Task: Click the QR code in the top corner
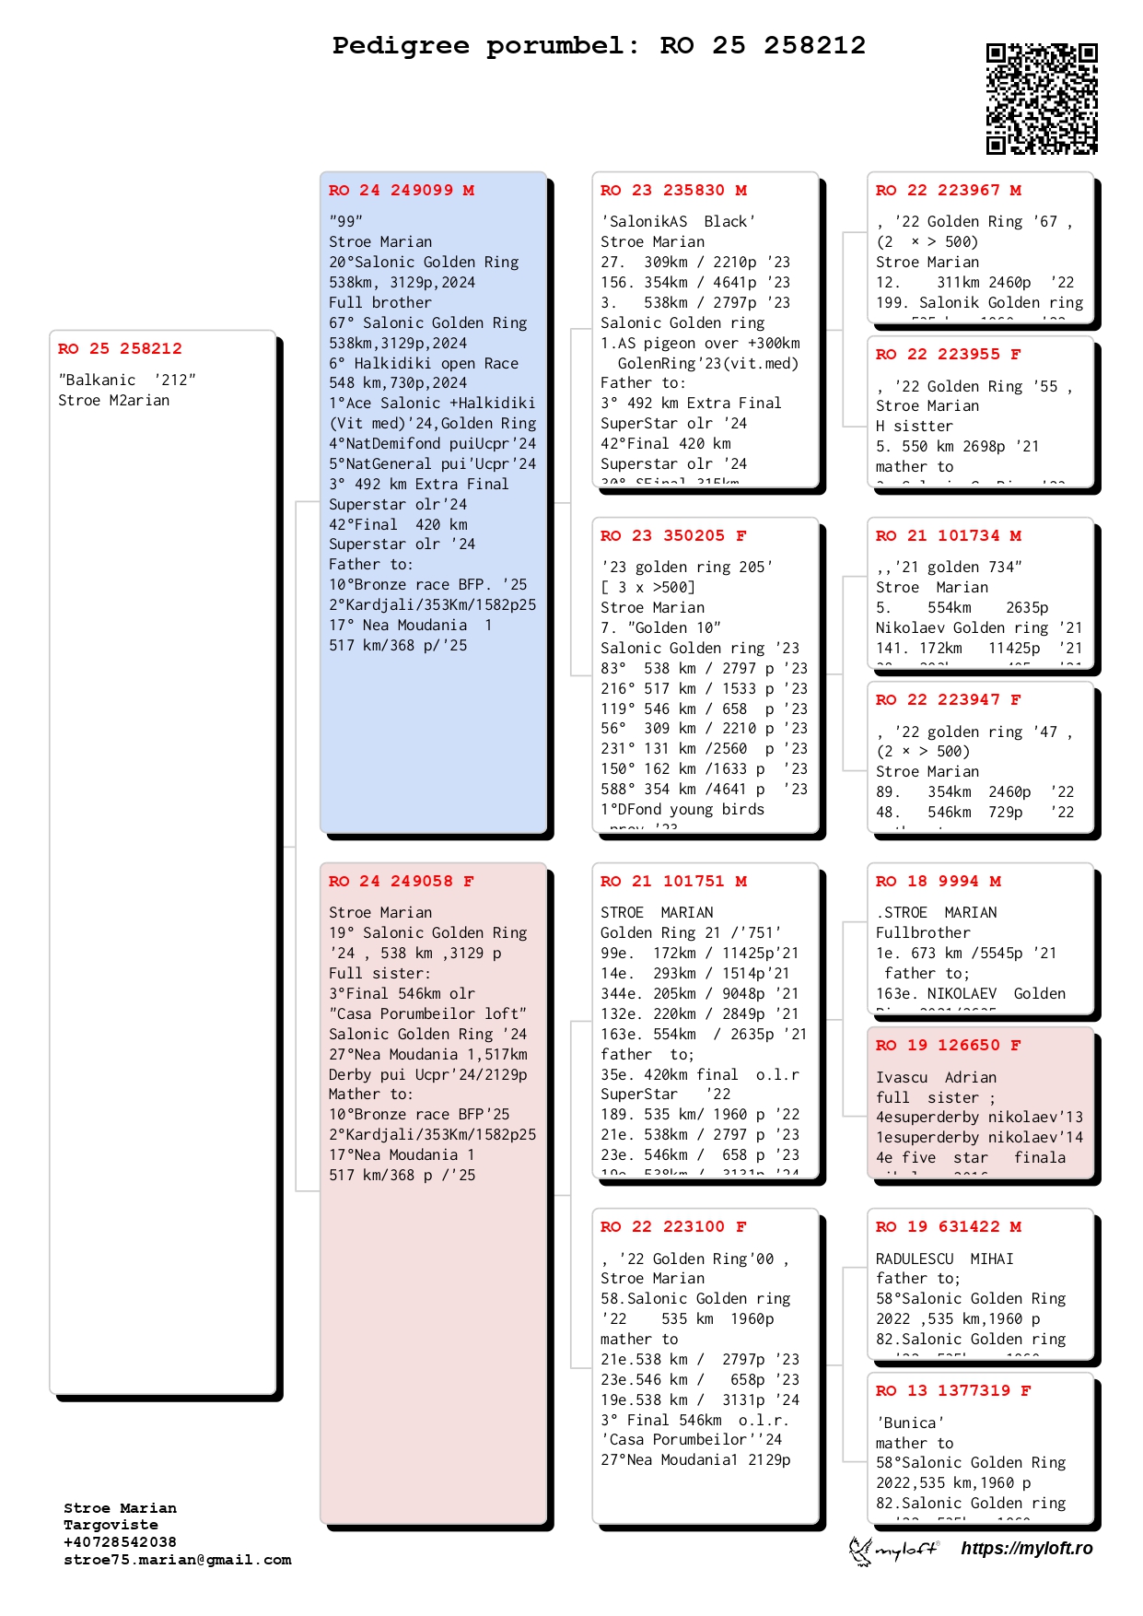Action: pos(1042,99)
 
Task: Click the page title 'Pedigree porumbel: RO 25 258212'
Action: pos(599,45)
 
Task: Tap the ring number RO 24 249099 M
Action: pos(402,191)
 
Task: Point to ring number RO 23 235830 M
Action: pos(673,191)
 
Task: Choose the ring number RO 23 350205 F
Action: pos(673,536)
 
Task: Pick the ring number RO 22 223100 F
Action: pos(673,1227)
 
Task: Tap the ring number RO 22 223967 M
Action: pos(948,191)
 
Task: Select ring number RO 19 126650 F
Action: pos(948,1046)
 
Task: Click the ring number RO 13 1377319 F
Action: pos(952,1391)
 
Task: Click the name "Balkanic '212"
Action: pos(127,381)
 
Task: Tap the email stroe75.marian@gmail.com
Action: pos(178,1560)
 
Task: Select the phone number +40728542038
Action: pos(120,1542)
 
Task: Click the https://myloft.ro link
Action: pos(1026,1549)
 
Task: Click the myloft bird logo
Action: pos(861,1551)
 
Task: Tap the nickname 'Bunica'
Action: pos(910,1423)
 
